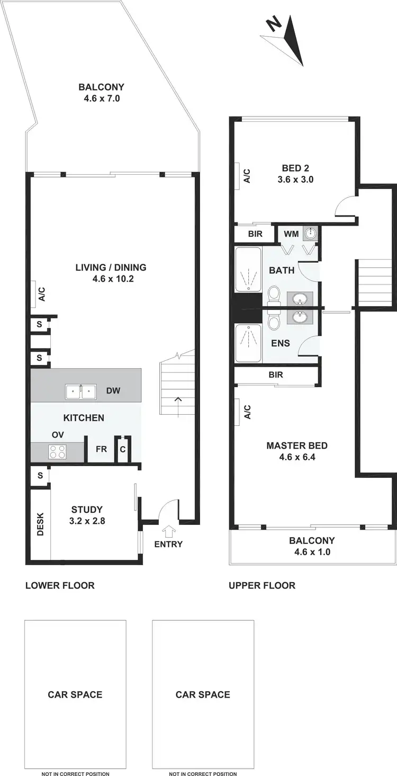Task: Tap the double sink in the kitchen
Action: tap(80, 392)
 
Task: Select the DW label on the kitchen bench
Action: tap(113, 391)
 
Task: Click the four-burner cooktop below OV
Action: tap(57, 452)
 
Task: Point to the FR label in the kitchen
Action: tap(101, 449)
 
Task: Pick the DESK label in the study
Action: tap(40, 524)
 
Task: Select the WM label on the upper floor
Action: tap(291, 234)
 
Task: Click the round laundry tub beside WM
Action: tap(310, 233)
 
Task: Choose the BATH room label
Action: tap(282, 271)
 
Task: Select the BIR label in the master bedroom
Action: tap(276, 375)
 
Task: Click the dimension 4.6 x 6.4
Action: tap(297, 457)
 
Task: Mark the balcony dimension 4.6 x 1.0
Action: tap(312, 552)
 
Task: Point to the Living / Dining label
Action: tap(111, 267)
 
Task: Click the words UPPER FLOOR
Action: tap(262, 585)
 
